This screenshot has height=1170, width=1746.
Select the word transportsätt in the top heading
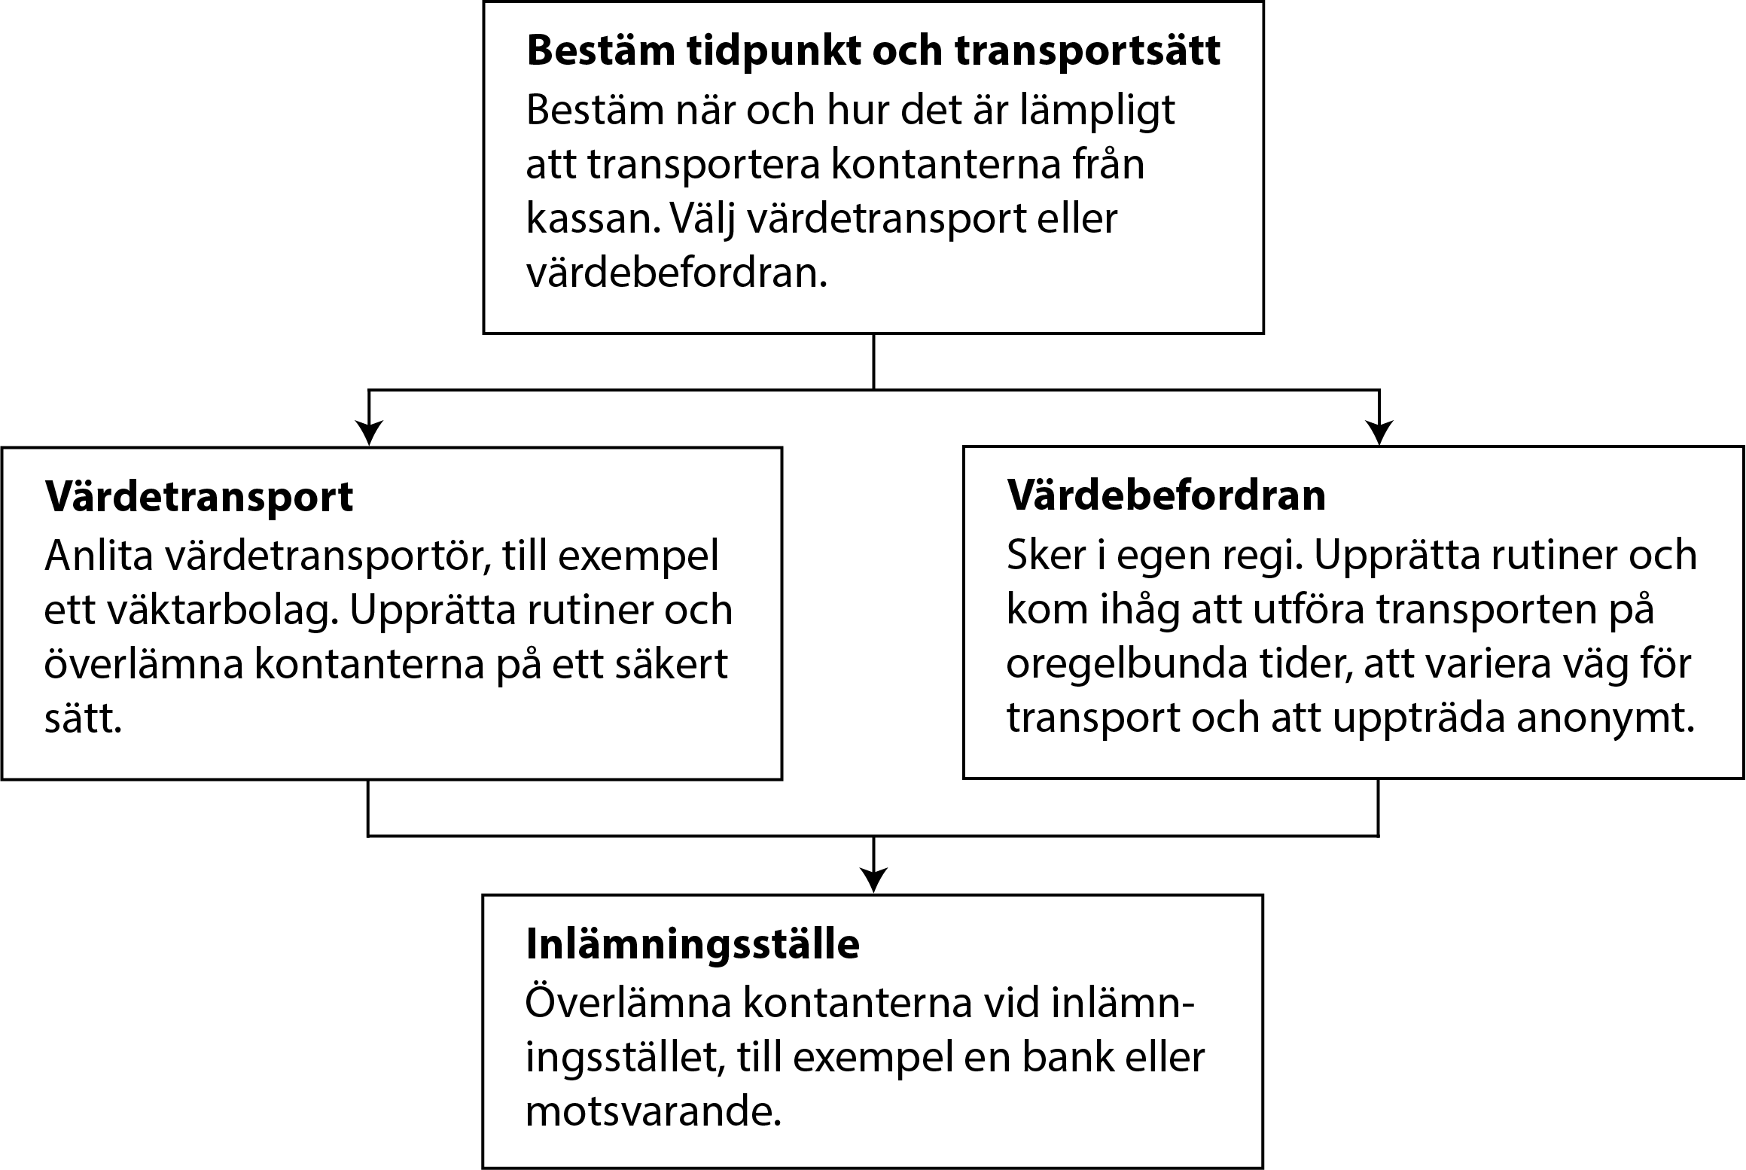(1087, 51)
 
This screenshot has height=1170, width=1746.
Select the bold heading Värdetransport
(199, 497)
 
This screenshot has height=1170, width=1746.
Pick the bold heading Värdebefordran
(1166, 495)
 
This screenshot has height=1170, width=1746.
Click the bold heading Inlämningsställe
(693, 944)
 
